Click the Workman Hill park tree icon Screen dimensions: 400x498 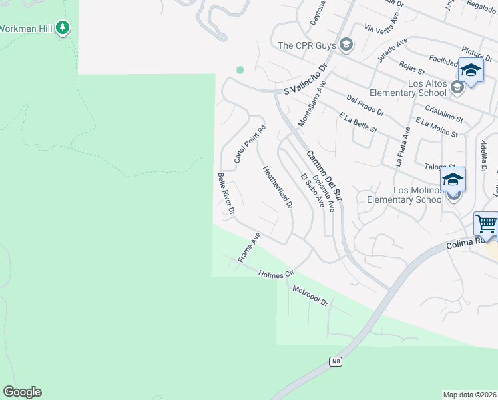[x=63, y=28]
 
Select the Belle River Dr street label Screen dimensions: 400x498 [x=226, y=193]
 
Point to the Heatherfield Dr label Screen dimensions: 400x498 [x=278, y=187]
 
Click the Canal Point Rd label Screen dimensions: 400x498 [x=250, y=145]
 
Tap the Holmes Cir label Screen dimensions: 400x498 [x=276, y=274]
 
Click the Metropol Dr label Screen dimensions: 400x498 [x=311, y=294]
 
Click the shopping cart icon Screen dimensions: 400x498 [x=486, y=224]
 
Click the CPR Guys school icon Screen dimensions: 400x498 [x=346, y=45]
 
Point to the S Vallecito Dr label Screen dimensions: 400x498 [x=307, y=87]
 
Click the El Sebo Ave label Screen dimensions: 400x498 [x=312, y=191]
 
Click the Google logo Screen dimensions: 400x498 [x=23, y=392]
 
